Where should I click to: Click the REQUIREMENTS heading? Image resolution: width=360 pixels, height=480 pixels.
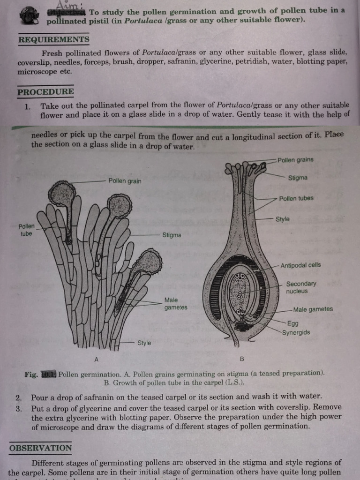point(53,40)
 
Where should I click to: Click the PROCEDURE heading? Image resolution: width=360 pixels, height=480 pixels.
point(45,92)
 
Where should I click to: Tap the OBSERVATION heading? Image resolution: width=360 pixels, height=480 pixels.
point(41,448)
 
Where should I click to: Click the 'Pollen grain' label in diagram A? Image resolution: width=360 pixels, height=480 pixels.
point(125,181)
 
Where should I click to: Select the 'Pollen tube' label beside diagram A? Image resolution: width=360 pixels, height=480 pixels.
point(26,230)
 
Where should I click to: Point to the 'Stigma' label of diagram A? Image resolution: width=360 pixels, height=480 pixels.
point(172,235)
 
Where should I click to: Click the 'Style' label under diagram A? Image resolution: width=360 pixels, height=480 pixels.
point(144,343)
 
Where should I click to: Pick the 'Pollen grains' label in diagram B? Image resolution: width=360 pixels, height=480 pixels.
point(295,160)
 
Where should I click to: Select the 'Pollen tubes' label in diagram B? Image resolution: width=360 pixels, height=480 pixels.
point(296,198)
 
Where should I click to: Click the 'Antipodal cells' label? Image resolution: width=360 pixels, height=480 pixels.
point(300,265)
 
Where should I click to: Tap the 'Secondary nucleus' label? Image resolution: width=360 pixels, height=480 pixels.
point(301,287)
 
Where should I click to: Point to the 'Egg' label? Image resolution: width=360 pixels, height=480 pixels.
point(292,323)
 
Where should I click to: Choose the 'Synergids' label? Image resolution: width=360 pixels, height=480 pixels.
point(296,332)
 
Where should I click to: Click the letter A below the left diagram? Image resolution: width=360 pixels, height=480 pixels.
point(96,360)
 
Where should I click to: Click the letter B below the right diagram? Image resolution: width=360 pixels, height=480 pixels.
point(242,360)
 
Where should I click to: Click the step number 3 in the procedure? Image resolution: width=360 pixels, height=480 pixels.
point(18,407)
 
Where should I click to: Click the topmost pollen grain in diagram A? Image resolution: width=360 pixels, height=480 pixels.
point(62,193)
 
